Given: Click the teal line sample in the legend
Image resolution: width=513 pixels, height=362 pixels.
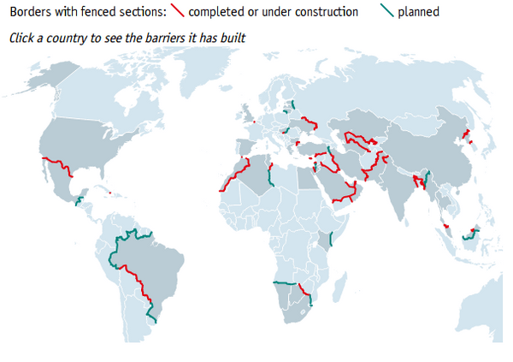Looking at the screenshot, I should tap(388, 12).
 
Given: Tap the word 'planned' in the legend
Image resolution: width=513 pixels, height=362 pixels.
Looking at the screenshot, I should tap(419, 13).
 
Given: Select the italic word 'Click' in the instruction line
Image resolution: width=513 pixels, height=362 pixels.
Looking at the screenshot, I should tap(22, 39).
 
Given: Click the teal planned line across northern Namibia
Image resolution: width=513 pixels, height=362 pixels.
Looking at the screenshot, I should tap(285, 283).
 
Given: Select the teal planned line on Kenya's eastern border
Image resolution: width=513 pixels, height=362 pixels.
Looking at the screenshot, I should tap(331, 239).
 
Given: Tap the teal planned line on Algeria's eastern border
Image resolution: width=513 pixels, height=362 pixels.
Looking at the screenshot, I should tap(270, 176).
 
